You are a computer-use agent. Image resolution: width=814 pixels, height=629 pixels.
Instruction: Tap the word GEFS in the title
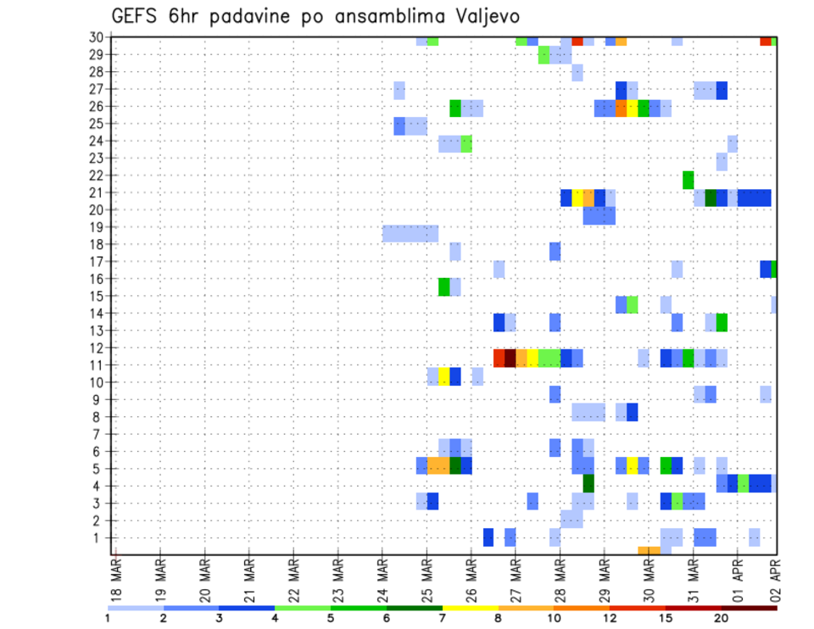pyautogui.click(x=137, y=16)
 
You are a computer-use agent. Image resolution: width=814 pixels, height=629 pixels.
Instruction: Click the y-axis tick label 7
pyautogui.click(x=100, y=434)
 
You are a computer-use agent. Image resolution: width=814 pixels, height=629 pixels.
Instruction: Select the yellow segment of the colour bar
pyautogui.click(x=470, y=608)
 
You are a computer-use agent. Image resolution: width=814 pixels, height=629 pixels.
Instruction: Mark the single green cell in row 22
pyautogui.click(x=688, y=179)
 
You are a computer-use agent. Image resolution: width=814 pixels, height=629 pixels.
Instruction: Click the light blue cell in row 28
pyautogui.click(x=577, y=72)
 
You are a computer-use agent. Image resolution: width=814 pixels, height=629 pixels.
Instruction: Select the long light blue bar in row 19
pyautogui.click(x=410, y=233)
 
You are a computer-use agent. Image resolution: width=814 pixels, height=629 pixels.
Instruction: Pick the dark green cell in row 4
pyautogui.click(x=588, y=483)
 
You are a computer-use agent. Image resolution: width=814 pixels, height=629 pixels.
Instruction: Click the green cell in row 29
pyautogui.click(x=544, y=54)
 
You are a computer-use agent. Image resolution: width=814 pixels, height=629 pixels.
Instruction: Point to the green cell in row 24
pyautogui.click(x=466, y=144)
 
